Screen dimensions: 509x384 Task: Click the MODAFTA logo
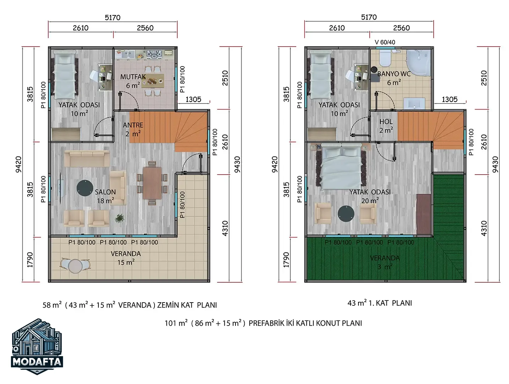37,346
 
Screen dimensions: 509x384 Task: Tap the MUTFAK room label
133,77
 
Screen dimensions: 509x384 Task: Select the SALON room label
105,192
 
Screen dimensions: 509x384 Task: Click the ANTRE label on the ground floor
133,125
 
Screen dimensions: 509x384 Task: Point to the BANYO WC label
394,74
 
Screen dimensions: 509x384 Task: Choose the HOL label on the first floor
386,122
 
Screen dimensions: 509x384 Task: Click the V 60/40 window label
385,42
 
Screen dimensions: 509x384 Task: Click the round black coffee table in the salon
85,188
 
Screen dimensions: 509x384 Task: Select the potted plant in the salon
119,218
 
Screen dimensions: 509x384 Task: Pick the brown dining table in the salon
152,183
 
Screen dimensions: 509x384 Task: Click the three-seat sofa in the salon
87,159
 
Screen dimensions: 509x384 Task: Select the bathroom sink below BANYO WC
415,103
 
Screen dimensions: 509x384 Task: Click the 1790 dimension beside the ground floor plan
30,260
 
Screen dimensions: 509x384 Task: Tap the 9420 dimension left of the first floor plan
275,164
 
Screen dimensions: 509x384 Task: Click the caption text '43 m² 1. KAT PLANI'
380,303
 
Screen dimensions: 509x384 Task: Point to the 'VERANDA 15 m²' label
126,258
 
